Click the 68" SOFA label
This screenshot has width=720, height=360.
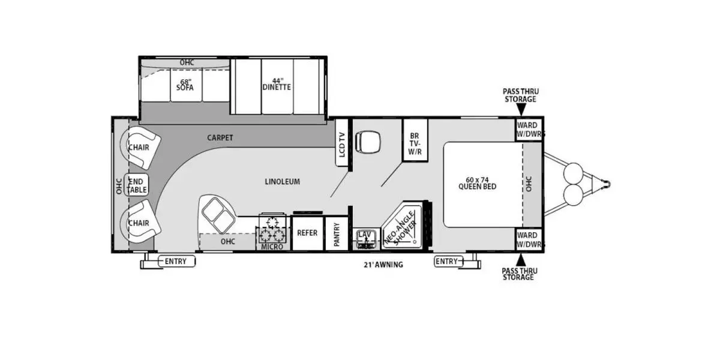(185, 85)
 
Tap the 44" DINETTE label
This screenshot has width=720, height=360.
(277, 84)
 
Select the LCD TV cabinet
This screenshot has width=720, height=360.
(341, 142)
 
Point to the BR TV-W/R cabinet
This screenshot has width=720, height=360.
(415, 140)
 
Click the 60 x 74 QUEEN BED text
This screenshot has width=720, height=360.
(478, 183)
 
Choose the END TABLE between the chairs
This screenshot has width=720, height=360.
(137, 185)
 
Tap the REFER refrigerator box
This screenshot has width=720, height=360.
(307, 233)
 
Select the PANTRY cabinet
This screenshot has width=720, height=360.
(337, 233)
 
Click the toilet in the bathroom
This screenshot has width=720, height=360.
(368, 142)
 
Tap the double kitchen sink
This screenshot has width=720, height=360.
(218, 215)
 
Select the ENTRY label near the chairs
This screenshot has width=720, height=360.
(175, 262)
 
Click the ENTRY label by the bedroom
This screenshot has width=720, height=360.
(447, 262)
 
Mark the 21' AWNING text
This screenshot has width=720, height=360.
(383, 265)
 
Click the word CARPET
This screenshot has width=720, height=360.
(220, 137)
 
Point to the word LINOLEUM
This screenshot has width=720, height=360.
(282, 182)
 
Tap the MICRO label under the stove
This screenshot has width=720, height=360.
(272, 247)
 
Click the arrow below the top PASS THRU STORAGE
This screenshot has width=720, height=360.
(521, 110)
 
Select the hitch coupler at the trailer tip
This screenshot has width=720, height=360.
(607, 184)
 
